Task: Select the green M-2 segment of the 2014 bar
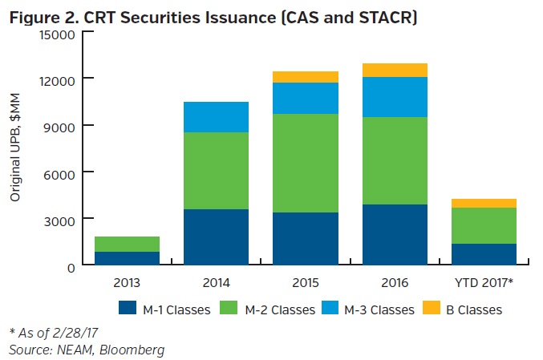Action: pos(216,170)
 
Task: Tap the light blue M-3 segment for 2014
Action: pos(216,117)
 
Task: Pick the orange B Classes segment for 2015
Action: pos(304,77)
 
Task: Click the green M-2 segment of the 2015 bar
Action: pos(304,163)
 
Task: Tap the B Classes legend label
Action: pos(475,309)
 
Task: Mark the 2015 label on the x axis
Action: pos(304,282)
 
